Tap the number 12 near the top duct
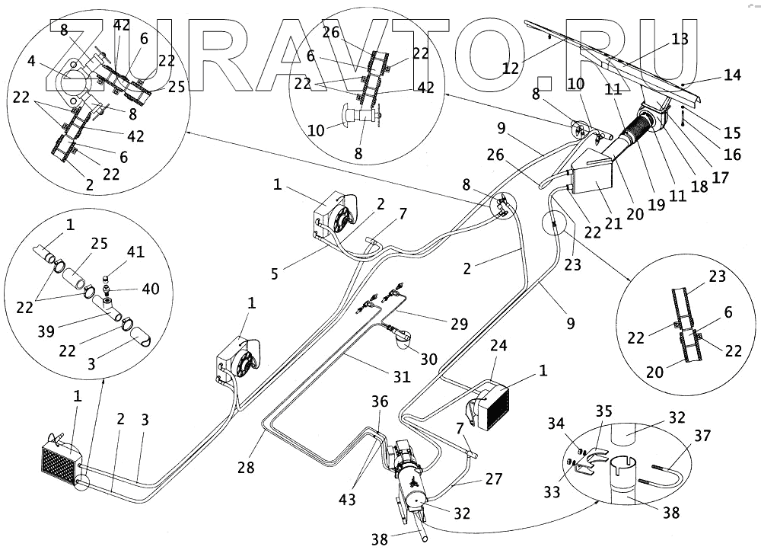(511, 68)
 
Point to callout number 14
(732, 75)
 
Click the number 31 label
(402, 376)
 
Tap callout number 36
(380, 401)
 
